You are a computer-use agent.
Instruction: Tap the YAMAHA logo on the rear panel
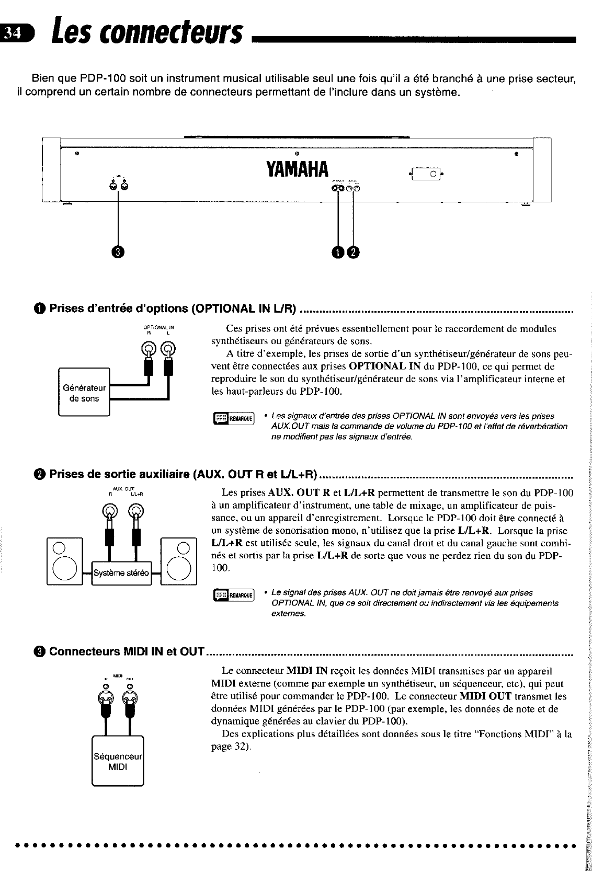(297, 169)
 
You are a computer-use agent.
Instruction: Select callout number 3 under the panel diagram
(119, 251)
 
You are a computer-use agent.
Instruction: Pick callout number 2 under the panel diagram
(354, 252)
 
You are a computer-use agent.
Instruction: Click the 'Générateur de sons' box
(84, 393)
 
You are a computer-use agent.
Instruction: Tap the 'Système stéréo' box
(121, 572)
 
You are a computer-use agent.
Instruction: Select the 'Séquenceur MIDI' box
(118, 762)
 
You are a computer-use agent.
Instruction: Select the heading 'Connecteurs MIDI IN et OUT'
(126, 651)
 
